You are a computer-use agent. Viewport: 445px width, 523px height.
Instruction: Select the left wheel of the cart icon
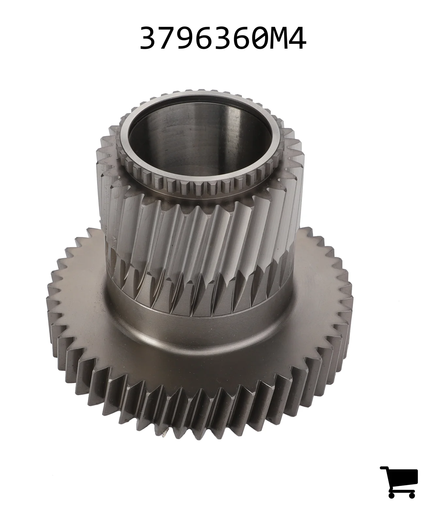(x=392, y=494)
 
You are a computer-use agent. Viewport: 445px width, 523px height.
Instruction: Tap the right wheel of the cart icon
(x=411, y=494)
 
